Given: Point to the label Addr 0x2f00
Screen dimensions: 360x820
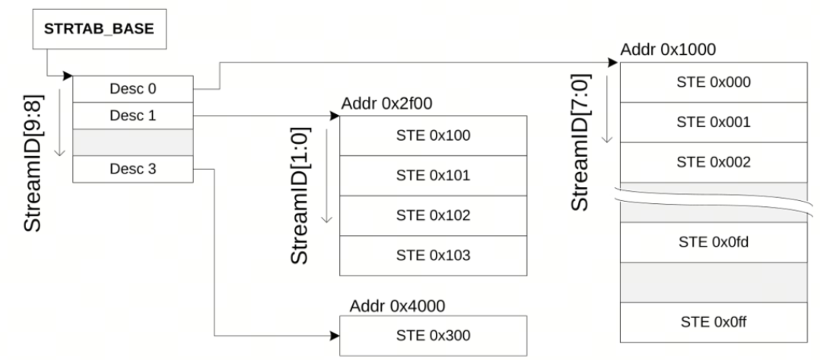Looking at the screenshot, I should pos(377,103).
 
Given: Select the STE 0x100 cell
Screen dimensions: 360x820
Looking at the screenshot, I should pos(432,136).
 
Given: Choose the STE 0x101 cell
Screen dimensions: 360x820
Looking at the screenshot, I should pos(432,175).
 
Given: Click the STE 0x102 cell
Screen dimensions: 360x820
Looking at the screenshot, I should pos(432,215).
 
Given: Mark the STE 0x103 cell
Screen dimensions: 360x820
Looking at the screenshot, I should pos(432,255).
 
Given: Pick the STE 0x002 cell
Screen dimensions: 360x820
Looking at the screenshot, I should pos(714,162).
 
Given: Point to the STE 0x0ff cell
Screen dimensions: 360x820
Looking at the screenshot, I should pos(714,323).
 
